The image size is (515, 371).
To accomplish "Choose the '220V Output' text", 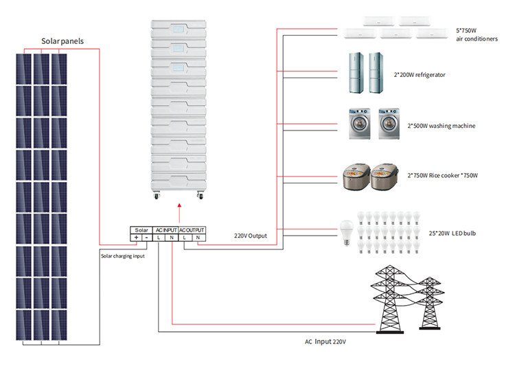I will (249, 236).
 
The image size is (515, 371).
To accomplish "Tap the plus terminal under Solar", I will (136, 238).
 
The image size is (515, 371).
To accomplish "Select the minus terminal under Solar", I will (147, 238).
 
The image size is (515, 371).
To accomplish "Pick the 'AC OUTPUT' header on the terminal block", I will (192, 229).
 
